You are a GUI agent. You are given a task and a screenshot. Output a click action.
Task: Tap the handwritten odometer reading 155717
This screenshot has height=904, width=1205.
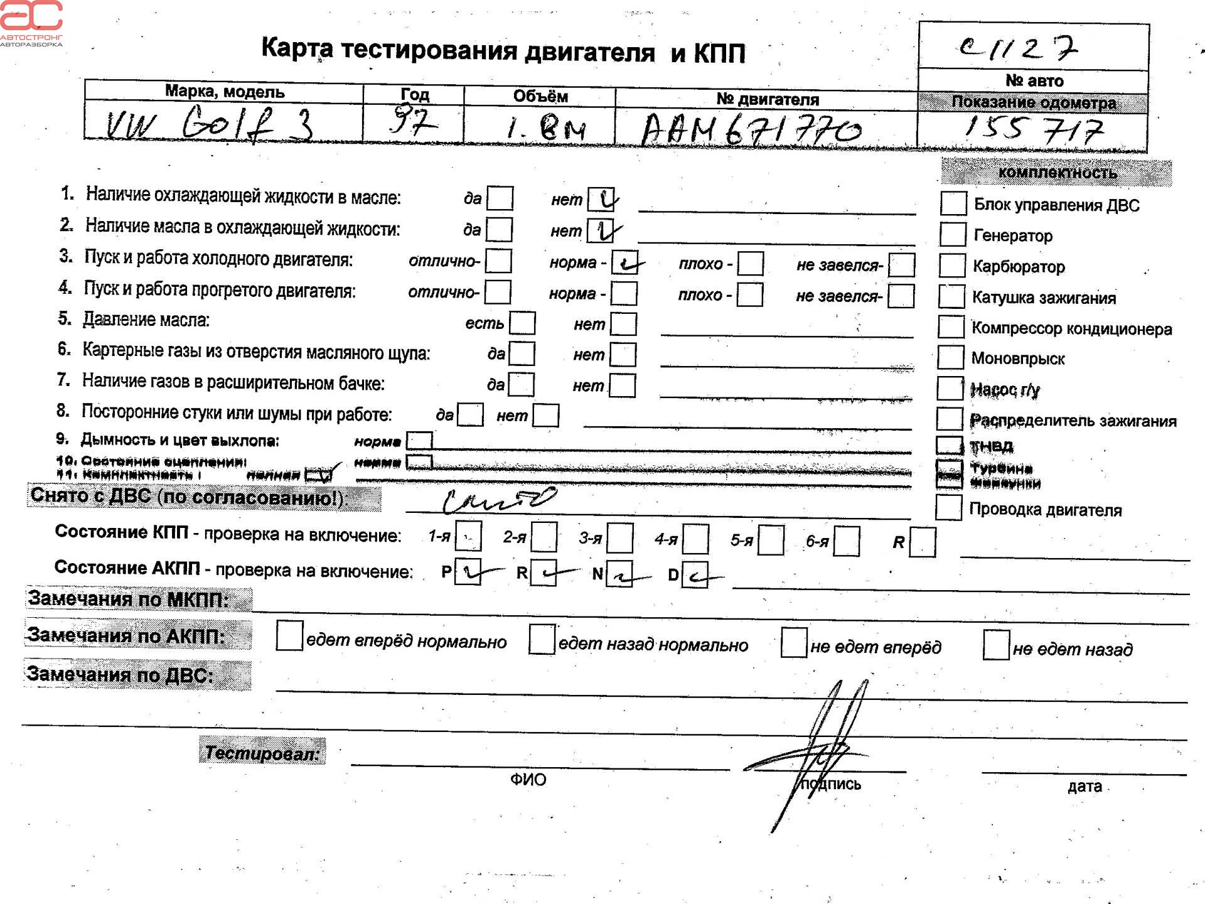point(1033,129)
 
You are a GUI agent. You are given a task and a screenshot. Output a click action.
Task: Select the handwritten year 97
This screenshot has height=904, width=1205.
point(411,121)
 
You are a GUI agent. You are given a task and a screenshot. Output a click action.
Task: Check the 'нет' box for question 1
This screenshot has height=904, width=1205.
point(601,200)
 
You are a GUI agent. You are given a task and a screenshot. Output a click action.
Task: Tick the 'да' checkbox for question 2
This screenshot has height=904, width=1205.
point(500,230)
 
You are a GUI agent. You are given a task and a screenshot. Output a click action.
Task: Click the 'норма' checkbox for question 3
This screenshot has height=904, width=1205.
point(624,263)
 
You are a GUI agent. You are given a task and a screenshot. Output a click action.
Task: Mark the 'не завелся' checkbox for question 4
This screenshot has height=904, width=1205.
point(901,296)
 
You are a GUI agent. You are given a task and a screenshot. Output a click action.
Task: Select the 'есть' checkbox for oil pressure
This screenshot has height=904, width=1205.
point(522,323)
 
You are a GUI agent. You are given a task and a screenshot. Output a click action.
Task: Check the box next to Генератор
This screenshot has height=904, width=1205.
point(953,235)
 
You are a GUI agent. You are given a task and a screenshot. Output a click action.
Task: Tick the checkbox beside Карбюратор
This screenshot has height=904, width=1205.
point(952,266)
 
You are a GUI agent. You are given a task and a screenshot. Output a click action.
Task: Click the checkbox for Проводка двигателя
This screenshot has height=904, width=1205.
point(948,508)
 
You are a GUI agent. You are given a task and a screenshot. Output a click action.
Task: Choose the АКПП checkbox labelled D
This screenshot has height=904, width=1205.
point(695,575)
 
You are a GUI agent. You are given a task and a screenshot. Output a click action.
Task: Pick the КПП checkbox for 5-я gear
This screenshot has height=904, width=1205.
point(771,541)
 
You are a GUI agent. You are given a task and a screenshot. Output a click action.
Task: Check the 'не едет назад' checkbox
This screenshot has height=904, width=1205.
point(996,645)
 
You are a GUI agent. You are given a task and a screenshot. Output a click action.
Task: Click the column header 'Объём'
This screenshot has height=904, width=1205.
point(540,96)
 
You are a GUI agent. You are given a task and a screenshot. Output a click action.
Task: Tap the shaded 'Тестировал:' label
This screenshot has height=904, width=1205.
point(262,752)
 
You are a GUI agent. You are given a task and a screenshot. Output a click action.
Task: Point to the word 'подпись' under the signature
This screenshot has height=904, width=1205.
point(830,784)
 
